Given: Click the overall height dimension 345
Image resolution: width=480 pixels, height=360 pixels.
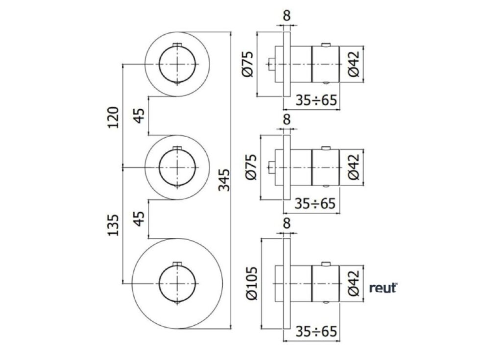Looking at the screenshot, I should click(x=224, y=180).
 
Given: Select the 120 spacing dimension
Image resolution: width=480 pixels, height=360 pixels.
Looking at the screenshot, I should click(x=113, y=117).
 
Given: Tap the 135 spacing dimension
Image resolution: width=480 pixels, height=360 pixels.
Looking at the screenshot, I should click(x=113, y=224).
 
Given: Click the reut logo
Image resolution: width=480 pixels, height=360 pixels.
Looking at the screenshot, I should click(x=383, y=288).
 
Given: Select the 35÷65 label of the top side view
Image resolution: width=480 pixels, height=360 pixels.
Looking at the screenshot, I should click(x=316, y=100).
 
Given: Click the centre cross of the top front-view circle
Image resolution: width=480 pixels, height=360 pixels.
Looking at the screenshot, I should click(x=177, y=64).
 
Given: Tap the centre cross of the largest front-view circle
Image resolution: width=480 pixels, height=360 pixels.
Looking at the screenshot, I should click(x=177, y=283).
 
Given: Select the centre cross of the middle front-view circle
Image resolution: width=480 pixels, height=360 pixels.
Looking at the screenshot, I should click(x=177, y=168).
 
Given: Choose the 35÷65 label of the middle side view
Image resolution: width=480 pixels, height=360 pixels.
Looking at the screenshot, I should click(x=316, y=204).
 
